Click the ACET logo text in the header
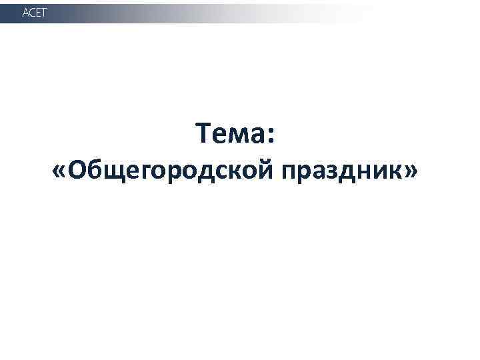[35, 13]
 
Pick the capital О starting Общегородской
[77, 171]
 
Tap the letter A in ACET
[26, 13]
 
